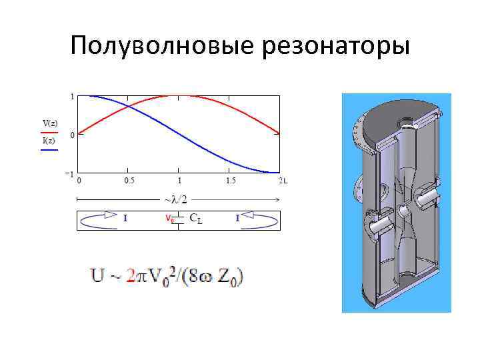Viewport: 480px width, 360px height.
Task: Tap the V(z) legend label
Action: click(x=50, y=123)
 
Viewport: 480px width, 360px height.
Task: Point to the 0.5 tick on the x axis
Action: click(x=129, y=181)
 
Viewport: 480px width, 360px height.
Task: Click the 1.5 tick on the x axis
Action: click(x=231, y=181)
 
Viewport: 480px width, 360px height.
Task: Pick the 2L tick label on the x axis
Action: click(x=283, y=181)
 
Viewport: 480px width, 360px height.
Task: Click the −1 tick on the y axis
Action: click(x=68, y=173)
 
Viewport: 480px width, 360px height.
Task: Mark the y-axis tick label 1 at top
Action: click(x=72, y=97)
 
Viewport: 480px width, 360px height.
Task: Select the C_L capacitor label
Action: click(x=196, y=217)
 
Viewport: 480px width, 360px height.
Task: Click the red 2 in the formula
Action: click(x=132, y=275)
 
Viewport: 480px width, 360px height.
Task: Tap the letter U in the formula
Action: click(x=97, y=275)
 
